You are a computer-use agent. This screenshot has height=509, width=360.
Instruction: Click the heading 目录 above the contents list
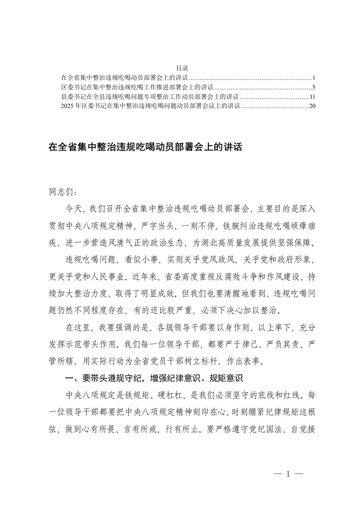(180, 68)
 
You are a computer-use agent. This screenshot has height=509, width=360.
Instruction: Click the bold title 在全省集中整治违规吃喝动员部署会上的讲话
(146, 147)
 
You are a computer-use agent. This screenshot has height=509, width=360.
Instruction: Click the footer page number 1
(288, 474)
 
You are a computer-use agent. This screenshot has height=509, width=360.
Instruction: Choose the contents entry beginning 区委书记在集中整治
(137, 87)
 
